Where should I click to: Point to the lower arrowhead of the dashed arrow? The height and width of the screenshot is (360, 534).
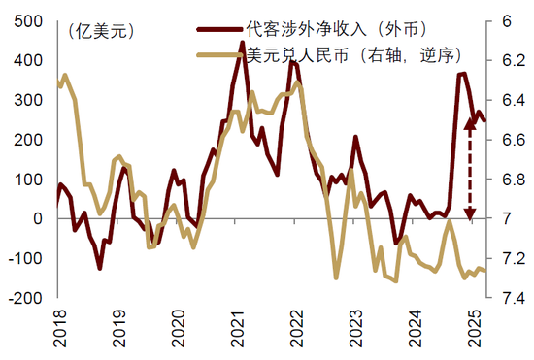click(471, 215)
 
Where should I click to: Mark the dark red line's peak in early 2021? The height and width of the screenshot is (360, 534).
click(242, 43)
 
